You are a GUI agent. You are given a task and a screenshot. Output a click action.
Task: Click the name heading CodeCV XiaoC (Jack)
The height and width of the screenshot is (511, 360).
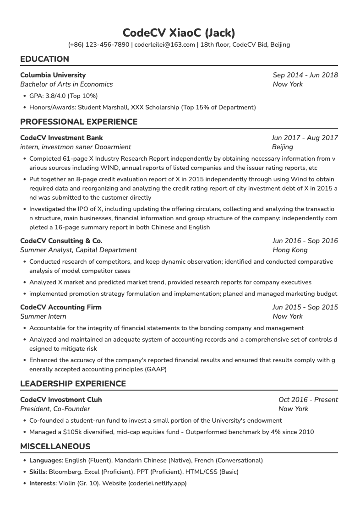click(179, 33)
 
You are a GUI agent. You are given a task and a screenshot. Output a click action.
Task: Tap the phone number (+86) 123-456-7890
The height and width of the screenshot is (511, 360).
click(98, 45)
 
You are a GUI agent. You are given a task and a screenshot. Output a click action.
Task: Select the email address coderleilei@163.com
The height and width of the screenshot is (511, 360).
click(164, 45)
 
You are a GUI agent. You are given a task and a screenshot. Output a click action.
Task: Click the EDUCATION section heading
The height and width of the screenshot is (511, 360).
click(45, 59)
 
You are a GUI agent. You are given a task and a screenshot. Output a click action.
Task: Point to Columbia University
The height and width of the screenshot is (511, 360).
click(53, 75)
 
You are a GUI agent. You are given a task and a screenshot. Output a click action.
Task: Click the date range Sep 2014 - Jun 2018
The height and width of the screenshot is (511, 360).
click(305, 75)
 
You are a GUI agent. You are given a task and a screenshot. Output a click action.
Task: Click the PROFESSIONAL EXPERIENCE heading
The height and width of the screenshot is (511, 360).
click(79, 122)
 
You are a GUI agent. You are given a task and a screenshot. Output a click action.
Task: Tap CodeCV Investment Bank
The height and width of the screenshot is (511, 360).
click(61, 138)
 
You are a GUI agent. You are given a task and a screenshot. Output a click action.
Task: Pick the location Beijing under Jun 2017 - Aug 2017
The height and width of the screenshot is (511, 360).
click(282, 147)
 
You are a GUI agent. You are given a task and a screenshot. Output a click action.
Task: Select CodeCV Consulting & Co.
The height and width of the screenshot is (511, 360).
click(61, 241)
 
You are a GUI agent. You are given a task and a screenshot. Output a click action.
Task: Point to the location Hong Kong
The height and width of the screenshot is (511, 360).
click(290, 250)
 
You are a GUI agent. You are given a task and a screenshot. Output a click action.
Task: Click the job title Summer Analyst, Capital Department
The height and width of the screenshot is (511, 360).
click(78, 250)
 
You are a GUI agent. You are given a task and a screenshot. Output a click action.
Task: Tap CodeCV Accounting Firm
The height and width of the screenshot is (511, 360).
click(61, 307)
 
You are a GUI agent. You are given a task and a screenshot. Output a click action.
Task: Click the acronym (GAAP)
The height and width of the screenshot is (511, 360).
click(155, 369)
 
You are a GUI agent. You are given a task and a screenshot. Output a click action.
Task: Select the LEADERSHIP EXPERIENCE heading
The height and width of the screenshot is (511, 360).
click(73, 384)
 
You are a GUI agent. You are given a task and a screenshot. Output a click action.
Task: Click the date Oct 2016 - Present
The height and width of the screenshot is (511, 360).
click(308, 400)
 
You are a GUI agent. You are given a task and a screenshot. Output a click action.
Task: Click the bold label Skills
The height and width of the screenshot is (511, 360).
click(38, 472)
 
